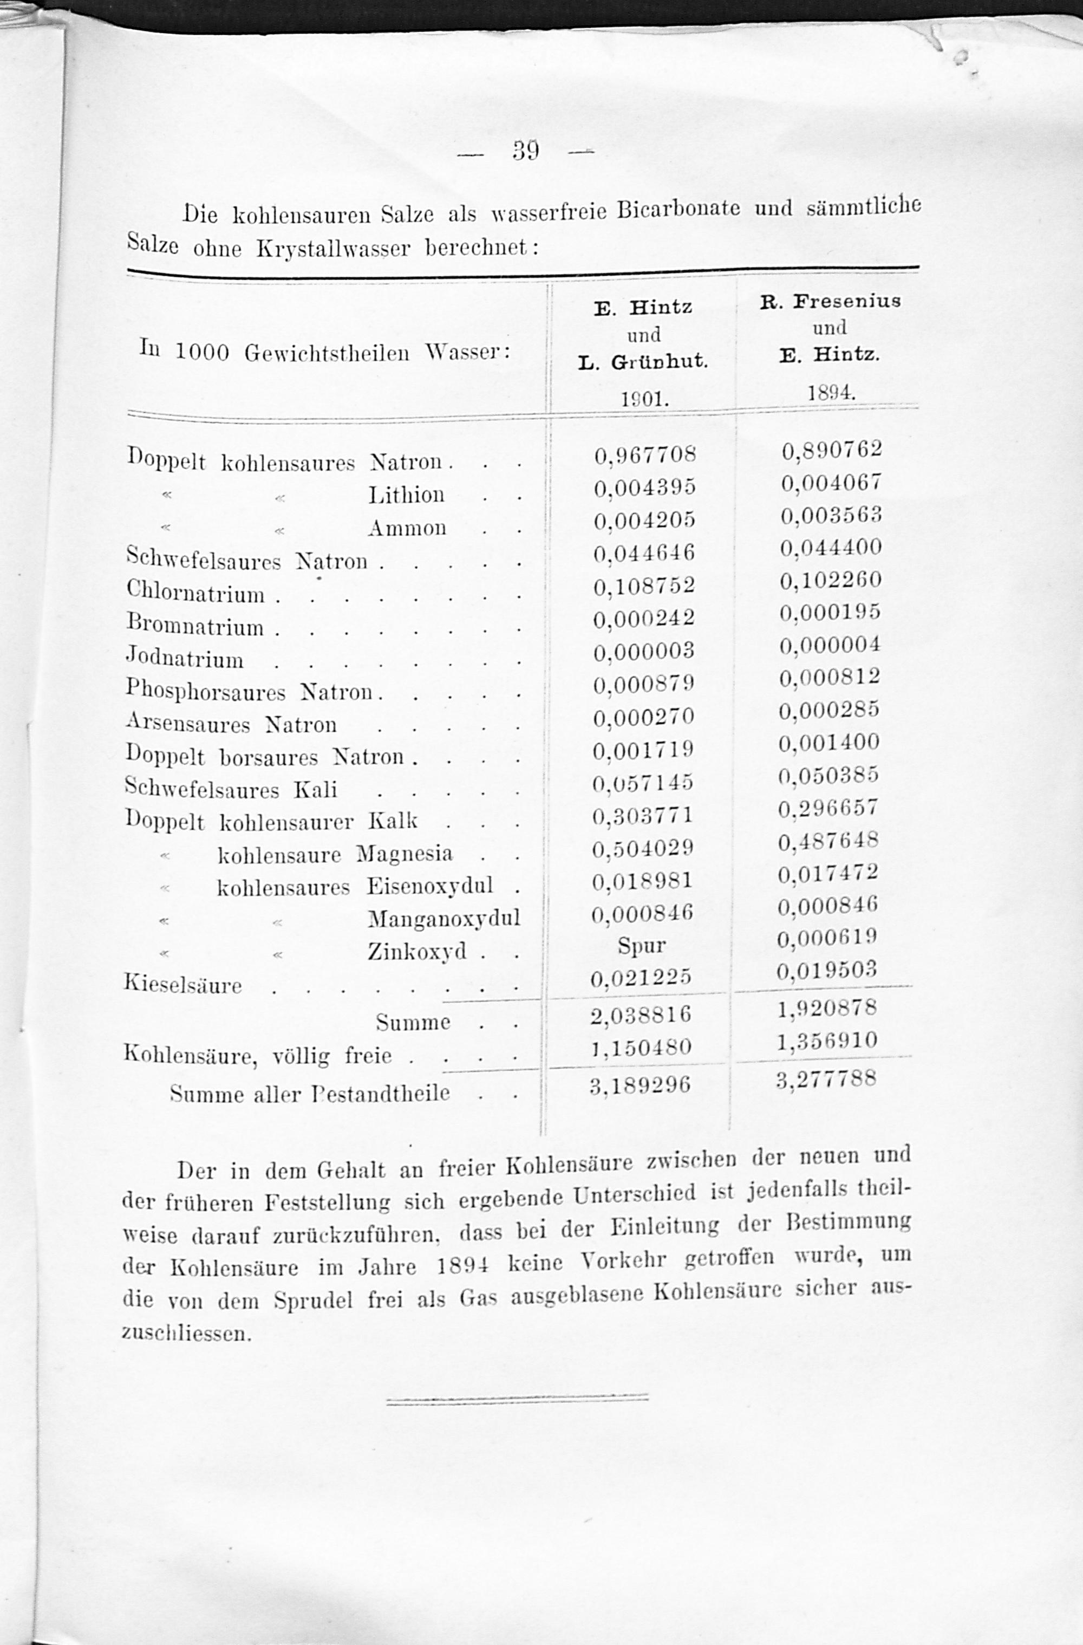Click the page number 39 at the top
point(525,151)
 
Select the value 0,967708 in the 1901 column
point(644,455)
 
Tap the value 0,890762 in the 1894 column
point(831,450)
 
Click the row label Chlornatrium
point(195,593)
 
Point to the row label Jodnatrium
point(185,658)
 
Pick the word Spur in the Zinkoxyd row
point(642,946)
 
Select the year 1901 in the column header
point(643,399)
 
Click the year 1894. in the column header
point(831,393)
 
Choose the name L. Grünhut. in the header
point(643,361)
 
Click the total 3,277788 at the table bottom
point(826,1079)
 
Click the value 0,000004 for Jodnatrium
point(830,645)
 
